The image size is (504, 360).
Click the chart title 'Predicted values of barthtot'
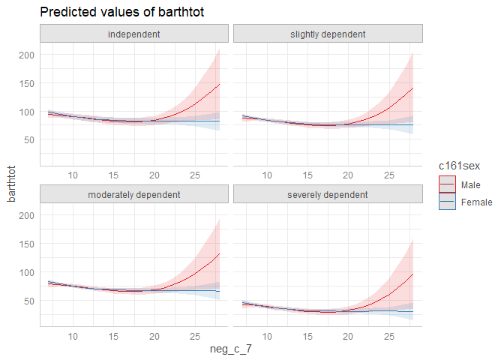tap(122, 12)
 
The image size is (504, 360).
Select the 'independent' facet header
tap(133, 34)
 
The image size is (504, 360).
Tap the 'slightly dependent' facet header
tap(328, 34)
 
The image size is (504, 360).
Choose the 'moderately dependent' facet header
tap(133, 195)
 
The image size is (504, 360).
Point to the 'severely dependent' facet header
tap(328, 195)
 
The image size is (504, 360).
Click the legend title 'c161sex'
tap(460, 164)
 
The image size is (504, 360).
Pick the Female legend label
tap(476, 202)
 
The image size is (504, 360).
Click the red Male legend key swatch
tap(448, 184)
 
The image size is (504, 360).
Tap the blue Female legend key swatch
tap(448, 202)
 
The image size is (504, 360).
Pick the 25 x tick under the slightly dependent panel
tap(388, 175)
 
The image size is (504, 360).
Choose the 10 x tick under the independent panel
tap(73, 175)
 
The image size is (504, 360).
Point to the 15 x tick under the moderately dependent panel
tap(114, 335)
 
